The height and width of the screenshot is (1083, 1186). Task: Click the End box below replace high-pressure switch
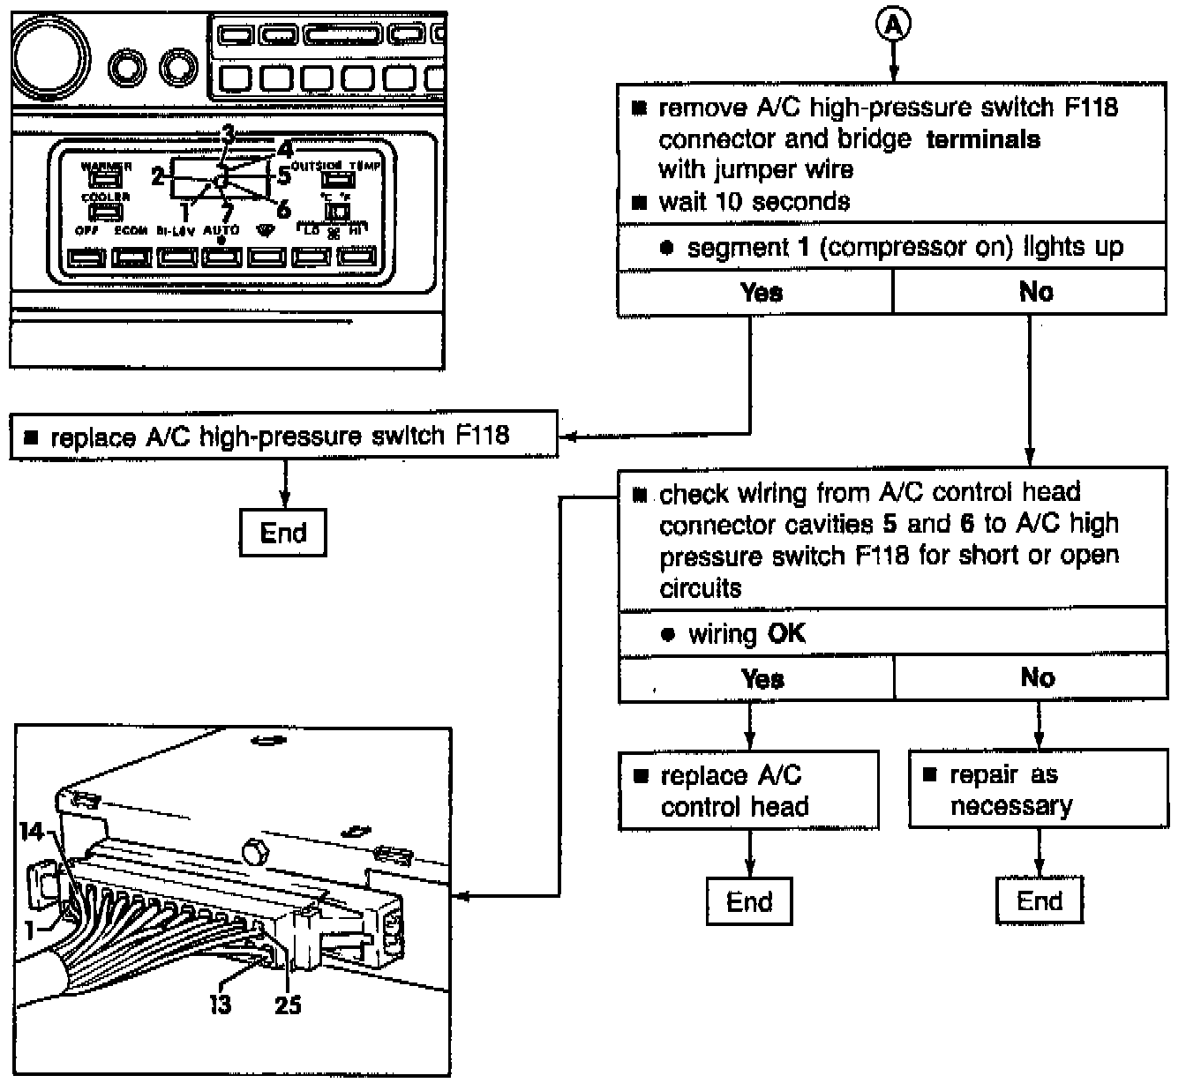(x=283, y=533)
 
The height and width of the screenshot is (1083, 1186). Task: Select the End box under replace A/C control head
(x=749, y=901)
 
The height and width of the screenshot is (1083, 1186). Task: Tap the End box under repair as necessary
(x=1039, y=900)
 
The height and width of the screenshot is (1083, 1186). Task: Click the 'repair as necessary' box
(x=1038, y=789)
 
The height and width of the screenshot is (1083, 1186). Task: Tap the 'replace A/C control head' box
(x=748, y=790)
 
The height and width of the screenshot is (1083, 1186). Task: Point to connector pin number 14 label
(x=32, y=831)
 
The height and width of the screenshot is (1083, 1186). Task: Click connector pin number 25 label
(x=288, y=1004)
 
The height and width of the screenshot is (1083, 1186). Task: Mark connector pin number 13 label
(x=220, y=1004)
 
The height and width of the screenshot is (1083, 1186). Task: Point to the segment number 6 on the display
(x=283, y=209)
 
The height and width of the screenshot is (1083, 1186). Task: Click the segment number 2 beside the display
(x=158, y=176)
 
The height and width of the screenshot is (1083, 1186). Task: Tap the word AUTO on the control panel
(x=221, y=230)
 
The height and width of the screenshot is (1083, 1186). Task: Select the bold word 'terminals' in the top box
(x=982, y=139)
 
